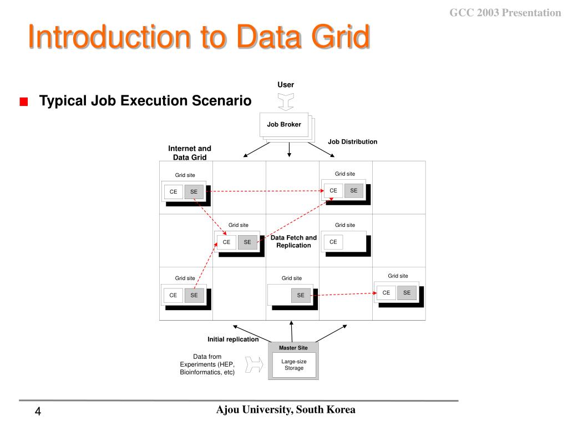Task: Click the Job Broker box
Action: [283, 125]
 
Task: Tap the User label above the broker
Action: [286, 85]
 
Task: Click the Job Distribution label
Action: [352, 142]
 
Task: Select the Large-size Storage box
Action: [293, 364]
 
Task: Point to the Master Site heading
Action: [293, 348]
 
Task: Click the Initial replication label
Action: [233, 339]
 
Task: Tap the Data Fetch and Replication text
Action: [293, 241]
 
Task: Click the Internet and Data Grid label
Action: [190, 153]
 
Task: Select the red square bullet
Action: [23, 102]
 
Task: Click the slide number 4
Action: [38, 412]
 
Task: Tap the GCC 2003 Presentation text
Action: [505, 13]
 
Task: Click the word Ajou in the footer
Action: [227, 410]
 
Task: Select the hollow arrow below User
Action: [286, 102]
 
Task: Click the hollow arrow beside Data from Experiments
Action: [253, 364]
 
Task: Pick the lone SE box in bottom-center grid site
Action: [301, 296]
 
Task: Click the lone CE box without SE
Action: [333, 242]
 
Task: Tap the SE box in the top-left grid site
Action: [194, 192]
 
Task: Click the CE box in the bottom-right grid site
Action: [387, 293]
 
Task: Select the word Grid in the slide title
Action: [340, 37]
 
